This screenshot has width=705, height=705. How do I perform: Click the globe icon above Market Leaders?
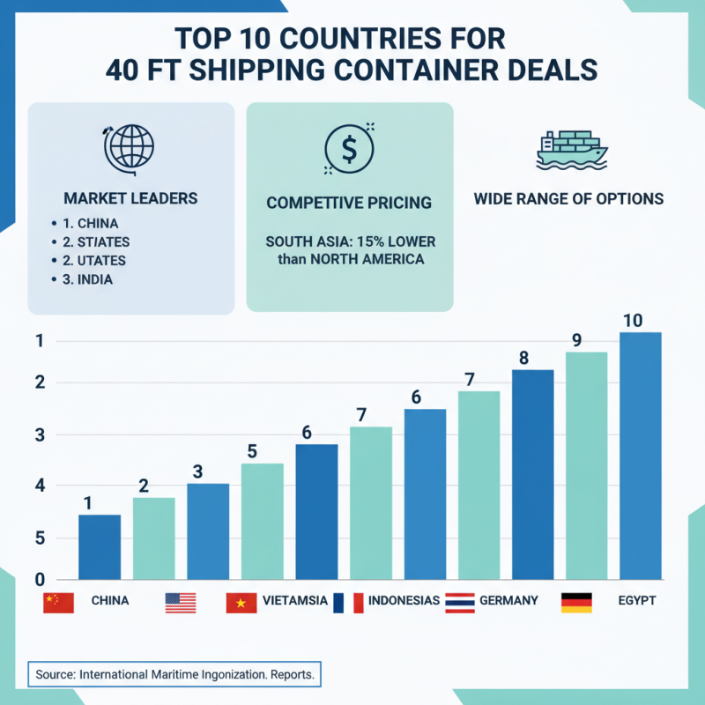130,147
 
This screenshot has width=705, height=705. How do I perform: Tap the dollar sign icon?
349,148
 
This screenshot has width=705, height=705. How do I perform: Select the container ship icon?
572,150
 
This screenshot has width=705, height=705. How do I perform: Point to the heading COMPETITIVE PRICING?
349,203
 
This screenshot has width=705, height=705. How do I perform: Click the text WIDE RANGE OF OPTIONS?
568,199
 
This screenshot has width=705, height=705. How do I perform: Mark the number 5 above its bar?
252,452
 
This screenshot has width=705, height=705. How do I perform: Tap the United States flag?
181,602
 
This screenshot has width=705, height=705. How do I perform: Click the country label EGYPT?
636,601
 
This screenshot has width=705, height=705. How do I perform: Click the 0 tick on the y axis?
40,580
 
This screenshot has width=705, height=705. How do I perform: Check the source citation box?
174,674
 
